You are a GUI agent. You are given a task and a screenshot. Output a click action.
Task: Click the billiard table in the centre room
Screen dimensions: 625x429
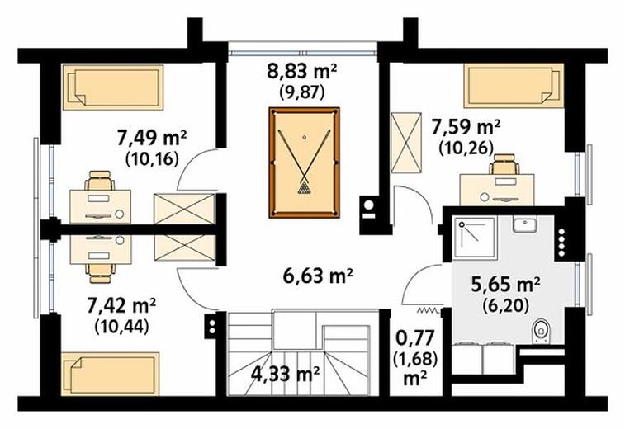coord(304,163)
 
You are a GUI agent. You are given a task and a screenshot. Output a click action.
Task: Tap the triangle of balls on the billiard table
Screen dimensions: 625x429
coord(304,187)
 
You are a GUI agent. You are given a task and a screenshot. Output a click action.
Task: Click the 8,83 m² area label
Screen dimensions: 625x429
coord(301,71)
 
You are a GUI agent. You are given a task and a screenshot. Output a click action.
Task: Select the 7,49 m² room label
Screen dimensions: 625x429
coord(152,138)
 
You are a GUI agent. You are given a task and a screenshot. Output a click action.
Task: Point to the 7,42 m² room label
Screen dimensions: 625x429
coord(121,306)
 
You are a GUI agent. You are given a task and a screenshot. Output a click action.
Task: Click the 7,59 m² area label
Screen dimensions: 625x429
coord(466,128)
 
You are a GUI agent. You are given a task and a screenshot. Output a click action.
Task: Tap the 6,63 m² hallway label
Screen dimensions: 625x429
coord(318,276)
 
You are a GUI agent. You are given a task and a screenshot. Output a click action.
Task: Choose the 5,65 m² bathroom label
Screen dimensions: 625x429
coord(505,285)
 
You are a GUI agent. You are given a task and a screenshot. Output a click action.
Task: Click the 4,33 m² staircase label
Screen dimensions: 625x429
coord(285,374)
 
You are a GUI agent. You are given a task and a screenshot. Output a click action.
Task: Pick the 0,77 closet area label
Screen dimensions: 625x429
coord(415,338)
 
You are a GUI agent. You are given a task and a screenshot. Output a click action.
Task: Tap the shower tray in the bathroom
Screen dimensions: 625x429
coord(474,238)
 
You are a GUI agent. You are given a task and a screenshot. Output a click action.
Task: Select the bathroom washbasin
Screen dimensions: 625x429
coord(525,224)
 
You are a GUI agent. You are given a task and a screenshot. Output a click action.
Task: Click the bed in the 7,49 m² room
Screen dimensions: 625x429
coord(113,87)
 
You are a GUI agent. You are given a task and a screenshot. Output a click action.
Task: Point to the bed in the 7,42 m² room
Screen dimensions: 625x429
coord(110,374)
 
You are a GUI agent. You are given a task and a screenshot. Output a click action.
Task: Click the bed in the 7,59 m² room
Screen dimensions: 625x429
coord(514,85)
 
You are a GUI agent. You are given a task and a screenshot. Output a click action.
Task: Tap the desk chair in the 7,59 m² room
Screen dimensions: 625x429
coord(504,164)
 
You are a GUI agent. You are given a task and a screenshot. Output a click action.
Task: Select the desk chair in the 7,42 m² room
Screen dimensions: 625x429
coord(100,272)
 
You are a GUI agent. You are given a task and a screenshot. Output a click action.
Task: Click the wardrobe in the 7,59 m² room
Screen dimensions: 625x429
coord(405,143)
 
